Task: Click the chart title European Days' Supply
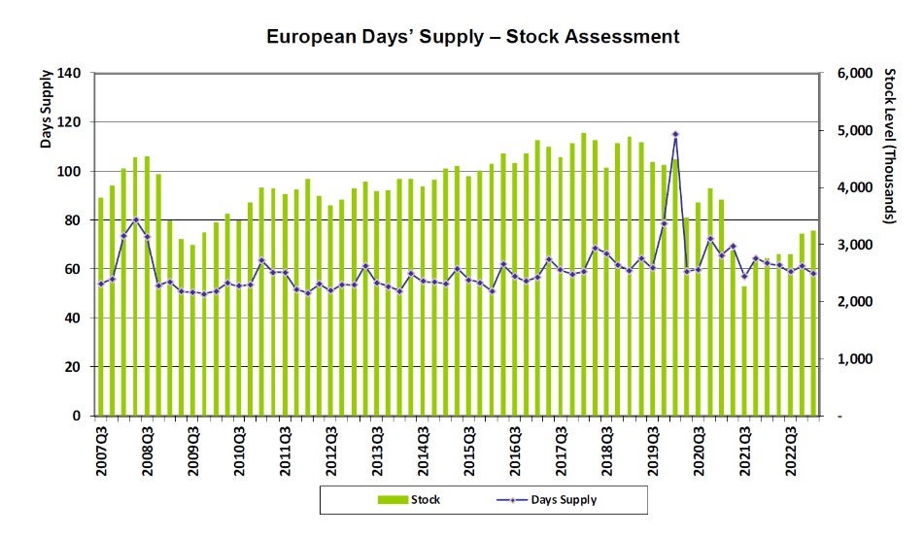tap(472, 37)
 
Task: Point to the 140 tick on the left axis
tap(69, 73)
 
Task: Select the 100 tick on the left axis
tap(69, 171)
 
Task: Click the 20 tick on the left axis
tap(73, 367)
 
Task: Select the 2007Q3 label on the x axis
tap(101, 449)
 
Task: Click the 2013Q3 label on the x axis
tap(377, 449)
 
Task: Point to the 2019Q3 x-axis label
tap(653, 449)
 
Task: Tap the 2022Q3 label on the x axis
tap(791, 449)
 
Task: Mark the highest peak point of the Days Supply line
tap(675, 134)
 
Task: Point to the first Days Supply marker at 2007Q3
tap(100, 284)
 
